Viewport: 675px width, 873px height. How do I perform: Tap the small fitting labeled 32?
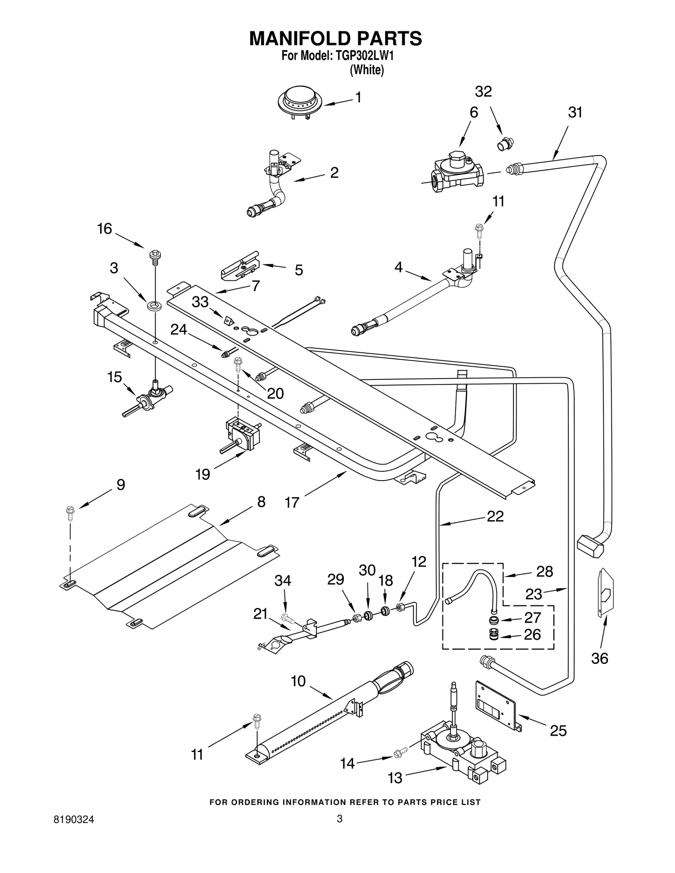click(504, 143)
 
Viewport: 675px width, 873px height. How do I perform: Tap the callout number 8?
click(261, 502)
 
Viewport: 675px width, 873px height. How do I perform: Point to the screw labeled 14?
click(401, 752)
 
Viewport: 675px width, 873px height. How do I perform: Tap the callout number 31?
click(575, 113)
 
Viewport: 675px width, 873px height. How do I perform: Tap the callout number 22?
click(495, 516)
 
